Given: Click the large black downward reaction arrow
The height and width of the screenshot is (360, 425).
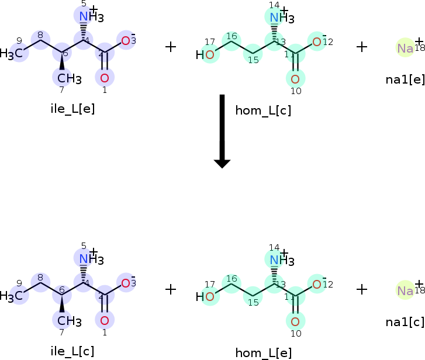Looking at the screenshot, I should point(222,131).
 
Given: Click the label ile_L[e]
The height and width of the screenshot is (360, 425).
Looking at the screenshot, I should point(72,109).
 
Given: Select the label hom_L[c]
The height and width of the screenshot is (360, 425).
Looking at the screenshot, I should point(263,109).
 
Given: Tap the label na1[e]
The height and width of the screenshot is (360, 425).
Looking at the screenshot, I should point(405,79).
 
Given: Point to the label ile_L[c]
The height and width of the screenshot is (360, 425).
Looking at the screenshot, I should point(72,351).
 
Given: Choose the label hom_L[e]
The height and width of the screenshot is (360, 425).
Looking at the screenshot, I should point(263,352).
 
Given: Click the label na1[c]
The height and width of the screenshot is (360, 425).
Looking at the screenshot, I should point(405,321).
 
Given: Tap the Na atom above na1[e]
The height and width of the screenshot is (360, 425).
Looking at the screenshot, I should point(405,49).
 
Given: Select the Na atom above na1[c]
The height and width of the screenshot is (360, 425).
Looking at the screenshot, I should point(405,290).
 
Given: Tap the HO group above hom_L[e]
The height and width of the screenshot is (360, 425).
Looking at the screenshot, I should point(206,297).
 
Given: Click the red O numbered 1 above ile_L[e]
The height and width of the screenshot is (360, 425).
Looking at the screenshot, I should point(105,78).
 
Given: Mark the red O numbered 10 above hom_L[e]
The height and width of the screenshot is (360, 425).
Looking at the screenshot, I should point(295,321).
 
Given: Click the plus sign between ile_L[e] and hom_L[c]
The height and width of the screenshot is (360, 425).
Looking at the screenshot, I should point(171,47).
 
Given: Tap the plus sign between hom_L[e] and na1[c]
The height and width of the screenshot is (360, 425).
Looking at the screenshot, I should point(362,289).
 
